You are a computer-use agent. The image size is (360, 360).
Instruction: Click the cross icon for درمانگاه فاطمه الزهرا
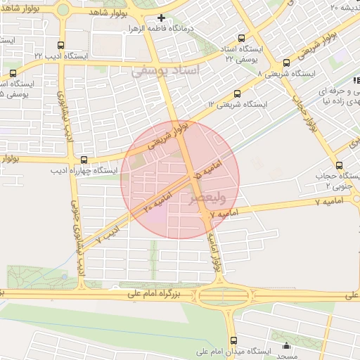[x=162, y=18]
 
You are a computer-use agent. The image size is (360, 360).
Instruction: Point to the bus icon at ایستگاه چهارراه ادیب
[x=84, y=160]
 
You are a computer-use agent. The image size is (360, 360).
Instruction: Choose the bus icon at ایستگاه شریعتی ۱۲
[x=236, y=92]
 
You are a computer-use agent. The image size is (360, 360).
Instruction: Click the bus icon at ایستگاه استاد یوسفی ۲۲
[x=242, y=38]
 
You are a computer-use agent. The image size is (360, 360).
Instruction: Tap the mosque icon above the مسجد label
[x=286, y=345]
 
